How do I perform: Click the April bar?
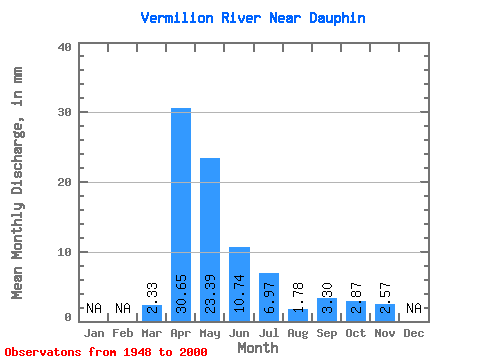point(181,215)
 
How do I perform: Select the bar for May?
point(210,240)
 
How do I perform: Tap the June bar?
point(239,284)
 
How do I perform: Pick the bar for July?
point(269,297)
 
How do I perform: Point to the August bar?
point(298,315)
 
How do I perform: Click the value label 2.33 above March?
point(152,298)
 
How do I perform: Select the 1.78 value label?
point(298,297)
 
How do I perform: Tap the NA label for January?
point(94,308)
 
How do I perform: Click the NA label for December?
point(414,308)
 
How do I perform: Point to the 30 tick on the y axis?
point(65,112)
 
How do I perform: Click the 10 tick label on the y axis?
point(65,252)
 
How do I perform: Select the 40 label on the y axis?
point(65,47)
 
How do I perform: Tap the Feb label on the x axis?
point(123,333)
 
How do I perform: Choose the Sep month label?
point(327,333)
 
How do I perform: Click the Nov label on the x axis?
point(385,333)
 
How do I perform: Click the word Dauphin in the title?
point(337,18)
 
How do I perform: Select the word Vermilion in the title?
point(177,18)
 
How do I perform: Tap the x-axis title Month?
point(258,348)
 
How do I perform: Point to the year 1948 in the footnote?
point(137,352)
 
